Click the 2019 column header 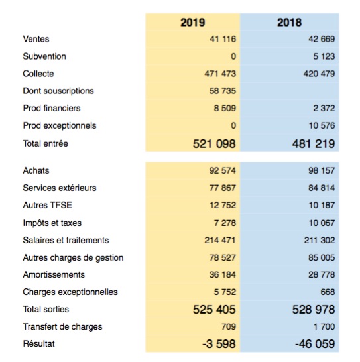(x=192, y=23)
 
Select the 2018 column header (x=289, y=23)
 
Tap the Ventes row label (x=36, y=39)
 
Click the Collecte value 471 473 (x=220, y=74)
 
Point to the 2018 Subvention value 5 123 (x=324, y=56)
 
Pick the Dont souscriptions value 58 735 (x=223, y=91)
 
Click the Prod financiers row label (x=52, y=108)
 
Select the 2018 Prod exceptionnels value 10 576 (x=322, y=125)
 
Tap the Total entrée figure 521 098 (x=214, y=144)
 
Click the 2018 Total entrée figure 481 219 (x=314, y=144)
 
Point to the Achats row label (x=36, y=170)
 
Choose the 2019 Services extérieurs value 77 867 (x=223, y=188)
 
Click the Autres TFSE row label (x=48, y=205)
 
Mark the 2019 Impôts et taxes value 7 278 (x=225, y=223)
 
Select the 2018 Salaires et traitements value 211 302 (x=320, y=240)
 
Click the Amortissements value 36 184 (x=223, y=274)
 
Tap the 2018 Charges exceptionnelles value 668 (x=328, y=292)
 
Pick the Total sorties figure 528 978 (x=314, y=310)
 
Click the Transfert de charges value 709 (x=229, y=326)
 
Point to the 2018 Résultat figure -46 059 (x=315, y=344)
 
